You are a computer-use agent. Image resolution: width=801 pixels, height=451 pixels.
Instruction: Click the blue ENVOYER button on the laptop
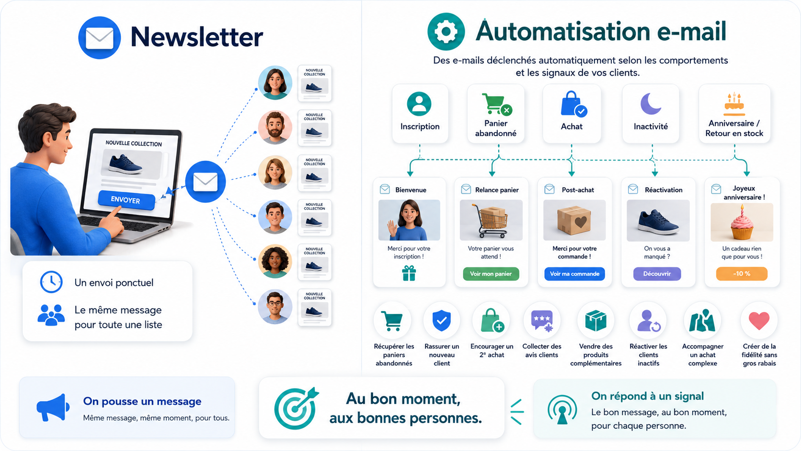tap(126, 200)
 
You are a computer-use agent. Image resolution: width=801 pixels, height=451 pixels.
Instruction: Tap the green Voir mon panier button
tap(491, 274)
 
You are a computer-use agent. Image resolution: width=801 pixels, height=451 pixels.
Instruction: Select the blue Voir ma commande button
tap(574, 274)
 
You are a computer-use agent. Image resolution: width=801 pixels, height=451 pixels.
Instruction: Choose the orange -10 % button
tap(742, 274)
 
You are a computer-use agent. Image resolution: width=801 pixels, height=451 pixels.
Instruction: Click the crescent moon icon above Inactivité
tap(650, 104)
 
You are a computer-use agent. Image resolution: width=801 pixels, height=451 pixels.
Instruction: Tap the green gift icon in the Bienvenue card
tap(409, 273)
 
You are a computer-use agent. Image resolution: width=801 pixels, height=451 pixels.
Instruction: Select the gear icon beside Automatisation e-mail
tap(446, 32)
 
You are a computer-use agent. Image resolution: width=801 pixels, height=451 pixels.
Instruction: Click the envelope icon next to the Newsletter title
tap(100, 37)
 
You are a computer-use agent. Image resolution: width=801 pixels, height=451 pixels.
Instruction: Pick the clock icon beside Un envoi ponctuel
tap(51, 282)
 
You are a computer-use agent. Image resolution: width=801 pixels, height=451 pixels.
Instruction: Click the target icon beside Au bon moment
tap(296, 408)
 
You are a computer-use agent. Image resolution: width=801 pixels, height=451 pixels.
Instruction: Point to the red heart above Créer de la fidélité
tap(759, 320)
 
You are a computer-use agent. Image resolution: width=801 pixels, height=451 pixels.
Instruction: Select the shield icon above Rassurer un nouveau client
tap(442, 321)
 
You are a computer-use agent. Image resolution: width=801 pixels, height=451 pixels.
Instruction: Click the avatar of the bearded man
tap(275, 127)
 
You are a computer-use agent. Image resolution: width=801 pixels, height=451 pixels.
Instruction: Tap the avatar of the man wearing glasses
tap(275, 307)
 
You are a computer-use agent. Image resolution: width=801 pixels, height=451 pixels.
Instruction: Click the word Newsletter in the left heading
tap(197, 37)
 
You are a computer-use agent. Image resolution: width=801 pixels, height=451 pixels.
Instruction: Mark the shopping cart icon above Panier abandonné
tap(497, 104)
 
